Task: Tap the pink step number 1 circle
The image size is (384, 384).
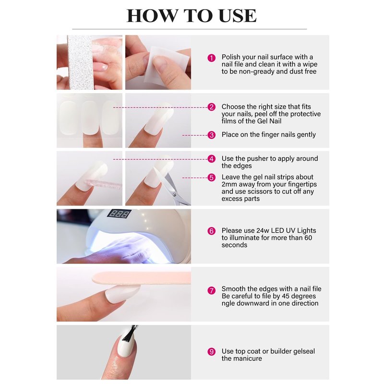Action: pos(211,58)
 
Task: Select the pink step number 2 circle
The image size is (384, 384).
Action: pos(211,107)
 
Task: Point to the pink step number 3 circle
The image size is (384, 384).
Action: pos(211,135)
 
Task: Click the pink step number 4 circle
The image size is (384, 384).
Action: pos(211,159)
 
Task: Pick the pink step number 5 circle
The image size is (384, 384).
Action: pos(211,178)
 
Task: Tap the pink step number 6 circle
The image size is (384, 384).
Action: pos(211,231)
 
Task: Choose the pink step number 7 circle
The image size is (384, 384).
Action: pos(211,291)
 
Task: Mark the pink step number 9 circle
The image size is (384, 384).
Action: pos(211,352)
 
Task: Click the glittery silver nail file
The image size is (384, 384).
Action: pos(81,62)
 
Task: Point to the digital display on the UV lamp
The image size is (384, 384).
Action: pos(119,214)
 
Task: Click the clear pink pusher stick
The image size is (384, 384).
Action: pos(103,184)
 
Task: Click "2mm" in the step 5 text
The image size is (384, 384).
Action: pos(229,184)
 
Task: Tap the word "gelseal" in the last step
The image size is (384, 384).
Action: pos(304,351)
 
